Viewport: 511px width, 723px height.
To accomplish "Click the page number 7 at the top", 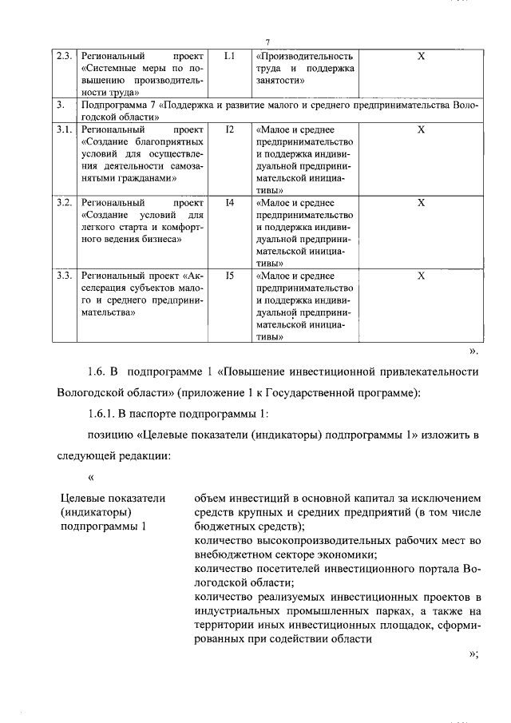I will pyautogui.click(x=268, y=42).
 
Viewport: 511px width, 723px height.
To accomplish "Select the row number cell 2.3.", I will pyautogui.click(x=65, y=57).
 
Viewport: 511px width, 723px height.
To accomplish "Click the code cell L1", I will pyautogui.click(x=230, y=57).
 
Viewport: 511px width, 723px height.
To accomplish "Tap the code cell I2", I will pyautogui.click(x=230, y=129).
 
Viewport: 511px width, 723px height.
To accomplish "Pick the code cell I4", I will pyautogui.click(x=230, y=202).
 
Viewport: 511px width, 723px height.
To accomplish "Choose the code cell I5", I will pyautogui.click(x=230, y=276).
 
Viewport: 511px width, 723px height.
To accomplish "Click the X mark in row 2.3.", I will pyautogui.click(x=422, y=57).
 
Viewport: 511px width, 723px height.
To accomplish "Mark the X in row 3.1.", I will pyautogui.click(x=422, y=129).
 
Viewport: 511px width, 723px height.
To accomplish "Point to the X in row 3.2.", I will pyautogui.click(x=422, y=202).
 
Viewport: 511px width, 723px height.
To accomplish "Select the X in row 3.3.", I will pyautogui.click(x=422, y=276).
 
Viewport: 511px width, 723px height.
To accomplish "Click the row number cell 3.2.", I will pyautogui.click(x=65, y=202).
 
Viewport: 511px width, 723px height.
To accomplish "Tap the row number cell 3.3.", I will pyautogui.click(x=65, y=276).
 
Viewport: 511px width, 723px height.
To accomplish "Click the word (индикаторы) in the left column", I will pyautogui.click(x=96, y=512).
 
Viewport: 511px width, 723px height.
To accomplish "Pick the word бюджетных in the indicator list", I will pyautogui.click(x=227, y=526).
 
